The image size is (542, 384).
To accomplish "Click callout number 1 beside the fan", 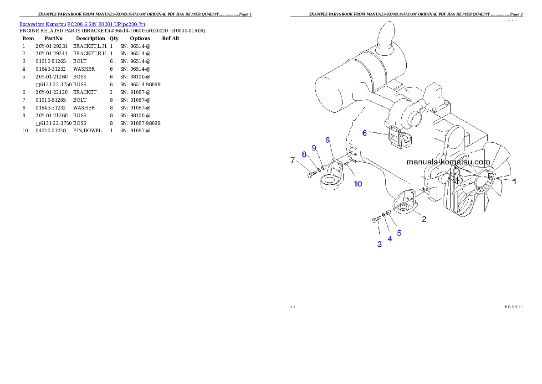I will click(515, 181).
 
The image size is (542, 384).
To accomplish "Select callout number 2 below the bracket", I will click(424, 219).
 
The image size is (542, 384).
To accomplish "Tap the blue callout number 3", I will click(379, 244).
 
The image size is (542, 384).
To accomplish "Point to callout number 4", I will click(390, 238).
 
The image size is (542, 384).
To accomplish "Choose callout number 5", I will click(399, 233).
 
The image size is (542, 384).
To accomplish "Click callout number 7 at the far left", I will click(293, 160).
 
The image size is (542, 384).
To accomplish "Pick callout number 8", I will click(304, 154).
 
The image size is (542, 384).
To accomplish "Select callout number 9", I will click(314, 148).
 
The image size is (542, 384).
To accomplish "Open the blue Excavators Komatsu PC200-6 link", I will click(82, 24).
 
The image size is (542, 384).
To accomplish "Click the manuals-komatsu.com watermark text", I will click(448, 162).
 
